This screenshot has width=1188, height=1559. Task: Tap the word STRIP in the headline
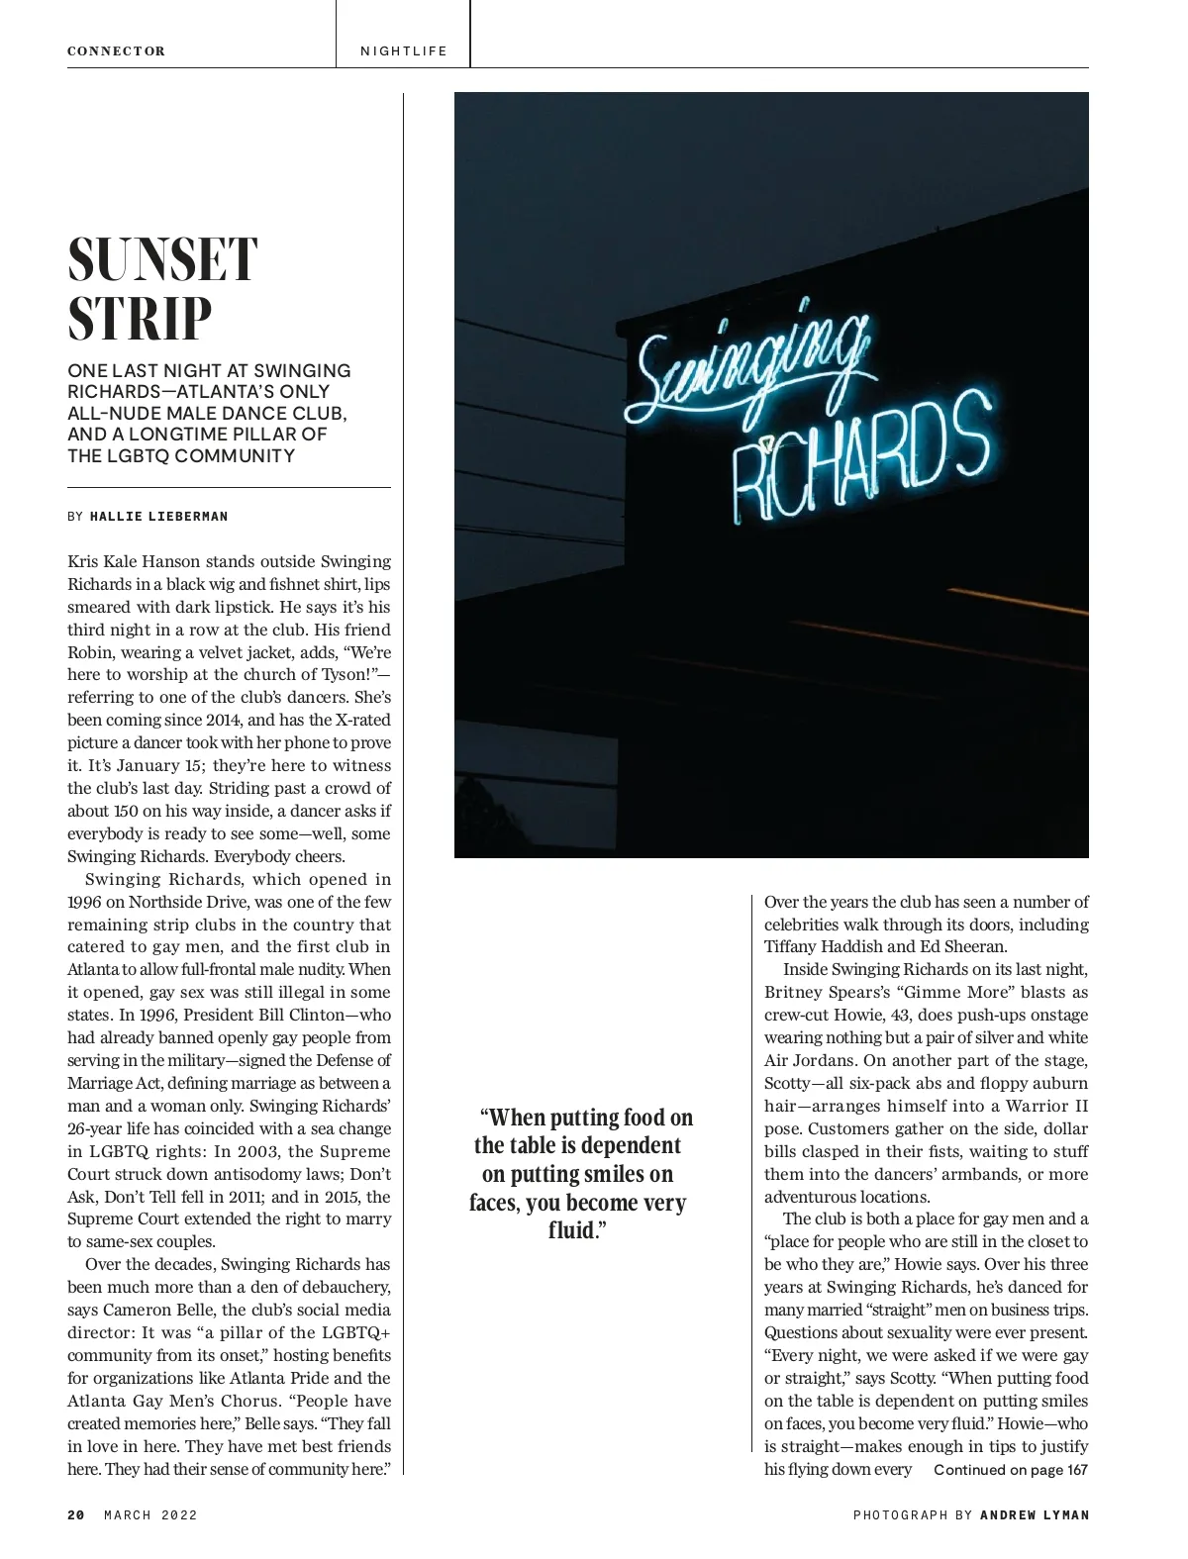pos(140,319)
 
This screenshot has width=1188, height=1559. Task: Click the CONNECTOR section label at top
pos(116,51)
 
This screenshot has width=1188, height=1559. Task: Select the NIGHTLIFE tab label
pos(403,51)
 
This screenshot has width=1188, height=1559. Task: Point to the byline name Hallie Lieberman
pos(158,517)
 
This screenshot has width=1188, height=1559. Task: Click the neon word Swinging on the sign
pos(752,361)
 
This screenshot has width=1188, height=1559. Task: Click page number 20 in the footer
pos(76,1515)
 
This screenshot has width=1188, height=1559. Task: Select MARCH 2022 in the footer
pos(150,1515)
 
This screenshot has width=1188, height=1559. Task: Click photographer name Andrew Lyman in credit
pos(1034,1515)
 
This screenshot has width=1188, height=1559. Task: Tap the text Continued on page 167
pos(1010,1470)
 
